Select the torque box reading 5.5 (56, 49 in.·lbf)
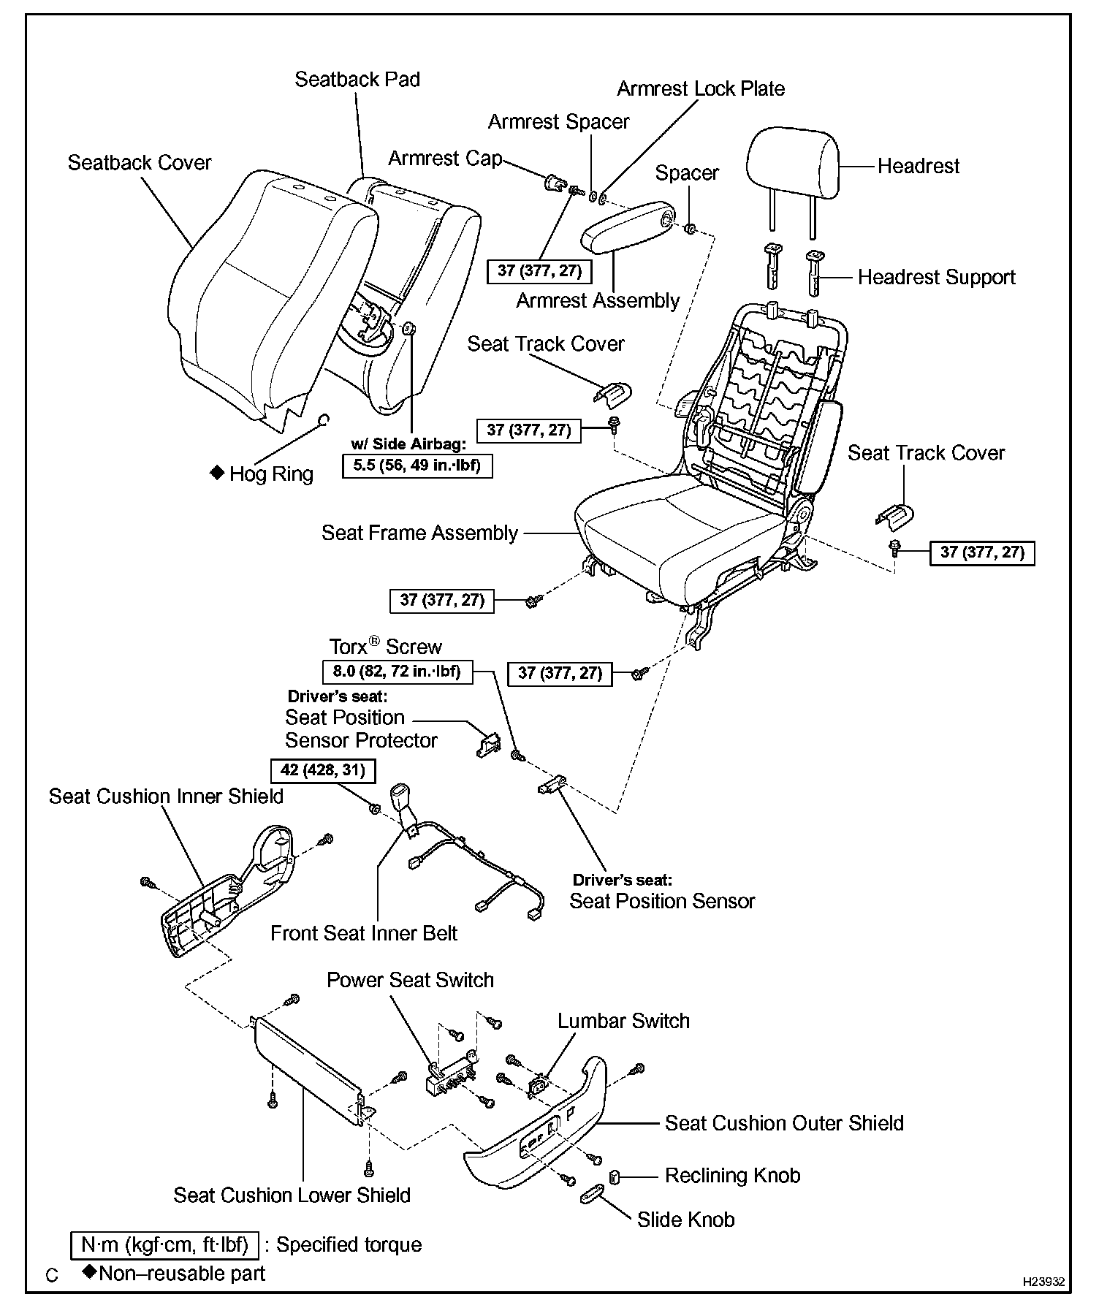(417, 466)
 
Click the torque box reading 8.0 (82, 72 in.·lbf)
(398, 672)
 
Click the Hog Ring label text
(270, 474)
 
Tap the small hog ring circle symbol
(324, 419)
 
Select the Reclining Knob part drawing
(615, 1176)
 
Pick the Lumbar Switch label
(623, 1021)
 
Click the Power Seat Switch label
(410, 980)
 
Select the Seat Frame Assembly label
(419, 533)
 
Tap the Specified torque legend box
(164, 1244)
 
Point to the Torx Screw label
(385, 647)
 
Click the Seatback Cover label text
(140, 162)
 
